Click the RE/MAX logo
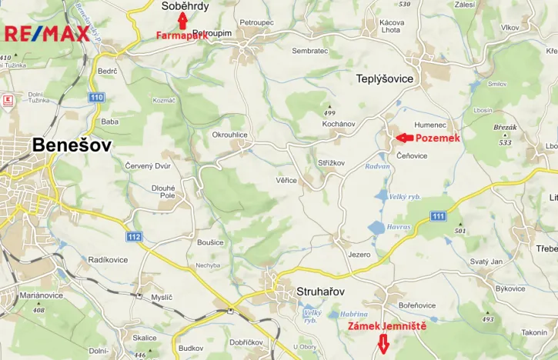47,34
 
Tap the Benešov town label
72,145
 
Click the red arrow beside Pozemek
403,138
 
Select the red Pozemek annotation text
438,138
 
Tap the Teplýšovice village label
385,78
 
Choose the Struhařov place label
320,292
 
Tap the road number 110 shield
95,98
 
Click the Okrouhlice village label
230,134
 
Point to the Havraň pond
377,227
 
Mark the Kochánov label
338,123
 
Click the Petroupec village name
256,23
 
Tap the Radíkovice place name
107,260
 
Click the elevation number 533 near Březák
505,142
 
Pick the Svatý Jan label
486,262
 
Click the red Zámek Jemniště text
387,327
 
